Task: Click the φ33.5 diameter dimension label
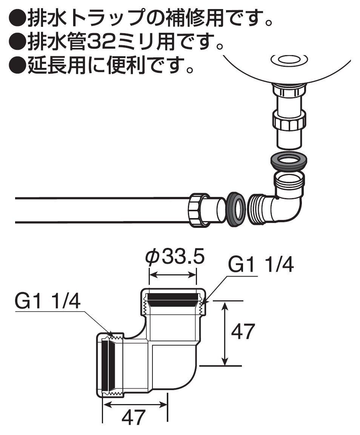click(175, 258)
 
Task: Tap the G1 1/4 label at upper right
click(261, 265)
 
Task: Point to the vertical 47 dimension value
click(243, 332)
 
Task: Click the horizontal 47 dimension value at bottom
click(133, 417)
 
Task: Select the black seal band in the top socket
click(173, 300)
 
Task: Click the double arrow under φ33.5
click(173, 275)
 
